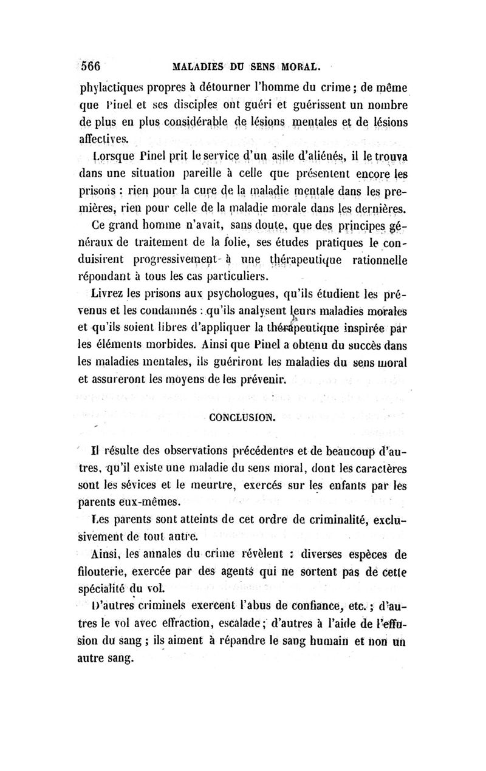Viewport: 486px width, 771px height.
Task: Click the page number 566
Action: pyautogui.click(x=94, y=65)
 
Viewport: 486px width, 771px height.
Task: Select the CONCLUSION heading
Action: pyautogui.click(x=242, y=418)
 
